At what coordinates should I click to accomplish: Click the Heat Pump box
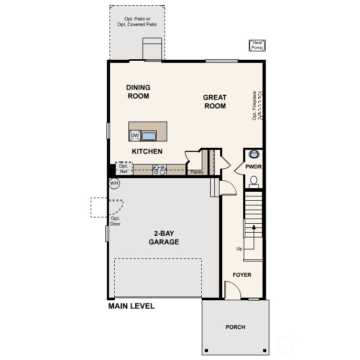[257, 46]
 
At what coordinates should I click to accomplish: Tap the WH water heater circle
[114, 183]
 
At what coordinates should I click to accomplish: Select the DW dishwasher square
[135, 136]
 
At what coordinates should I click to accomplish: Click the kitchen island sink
[149, 136]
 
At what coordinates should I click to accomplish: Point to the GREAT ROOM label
[215, 102]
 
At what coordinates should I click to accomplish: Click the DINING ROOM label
[138, 92]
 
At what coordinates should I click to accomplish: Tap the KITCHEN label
[147, 151]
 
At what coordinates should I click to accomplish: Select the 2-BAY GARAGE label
[163, 238]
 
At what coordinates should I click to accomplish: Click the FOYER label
[242, 275]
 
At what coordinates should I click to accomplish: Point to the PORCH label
[235, 327]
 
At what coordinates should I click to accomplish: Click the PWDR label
[254, 167]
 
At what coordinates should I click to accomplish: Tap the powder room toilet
[254, 181]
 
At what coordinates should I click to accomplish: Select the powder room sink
[254, 155]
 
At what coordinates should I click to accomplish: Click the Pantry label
[197, 172]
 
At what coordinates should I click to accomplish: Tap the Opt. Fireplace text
[255, 105]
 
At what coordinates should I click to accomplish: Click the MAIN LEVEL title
[132, 306]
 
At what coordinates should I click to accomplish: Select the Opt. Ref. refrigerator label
[124, 169]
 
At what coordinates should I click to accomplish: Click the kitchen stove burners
[159, 169]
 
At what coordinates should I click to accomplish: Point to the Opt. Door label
[115, 221]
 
